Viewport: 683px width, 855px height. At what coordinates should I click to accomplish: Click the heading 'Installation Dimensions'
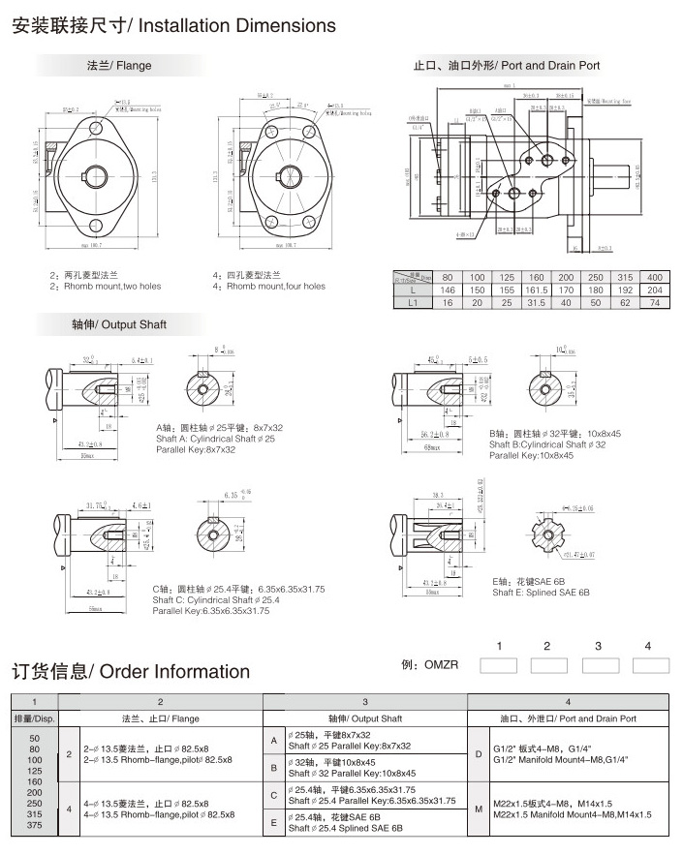pyautogui.click(x=238, y=25)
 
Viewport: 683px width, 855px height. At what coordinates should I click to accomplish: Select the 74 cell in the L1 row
pyautogui.click(x=654, y=303)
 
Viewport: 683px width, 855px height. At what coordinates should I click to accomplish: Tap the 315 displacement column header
pyautogui.click(x=625, y=276)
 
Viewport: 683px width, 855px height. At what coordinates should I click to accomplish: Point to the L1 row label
pyautogui.click(x=413, y=303)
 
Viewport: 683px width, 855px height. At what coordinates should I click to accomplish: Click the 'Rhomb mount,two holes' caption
pyautogui.click(x=109, y=287)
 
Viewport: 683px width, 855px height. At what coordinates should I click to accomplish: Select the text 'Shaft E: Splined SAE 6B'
pyautogui.click(x=541, y=592)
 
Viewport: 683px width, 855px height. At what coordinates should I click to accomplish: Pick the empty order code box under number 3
pyautogui.click(x=599, y=665)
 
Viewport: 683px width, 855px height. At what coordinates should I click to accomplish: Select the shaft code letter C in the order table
pyautogui.click(x=275, y=794)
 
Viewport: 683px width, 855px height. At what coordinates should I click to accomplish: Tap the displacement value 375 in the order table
pyautogui.click(x=33, y=825)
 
